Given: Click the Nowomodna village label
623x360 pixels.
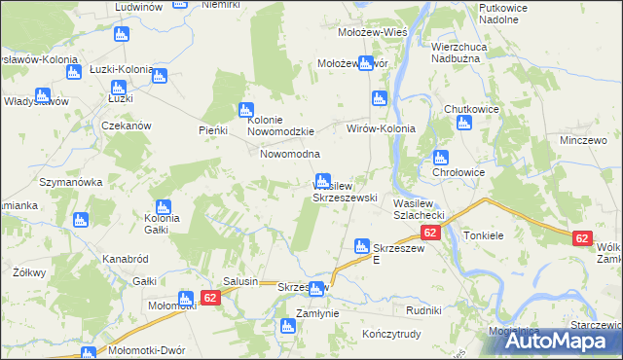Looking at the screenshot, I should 289,155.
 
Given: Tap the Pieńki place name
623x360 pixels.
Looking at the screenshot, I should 212,130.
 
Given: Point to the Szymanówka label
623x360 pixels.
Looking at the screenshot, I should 70,182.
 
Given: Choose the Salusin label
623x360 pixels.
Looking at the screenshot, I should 240,281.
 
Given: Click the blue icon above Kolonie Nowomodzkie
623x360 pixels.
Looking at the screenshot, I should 246,111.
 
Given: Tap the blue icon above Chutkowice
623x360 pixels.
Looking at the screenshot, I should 464,124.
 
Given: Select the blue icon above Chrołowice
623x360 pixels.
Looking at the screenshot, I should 441,158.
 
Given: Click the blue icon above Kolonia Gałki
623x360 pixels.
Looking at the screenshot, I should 163,207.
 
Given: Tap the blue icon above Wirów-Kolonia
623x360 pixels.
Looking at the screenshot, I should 380,98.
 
